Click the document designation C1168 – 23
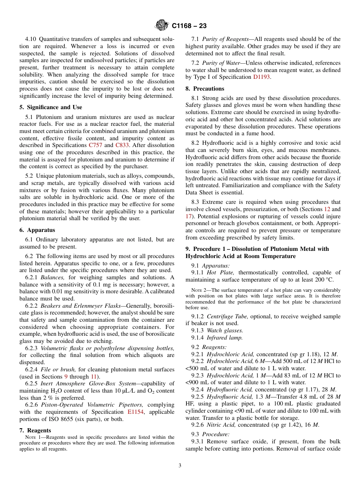click(x=189, y=26)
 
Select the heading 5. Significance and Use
click(x=51, y=107)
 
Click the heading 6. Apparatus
click(x=37, y=230)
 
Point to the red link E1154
click(x=135, y=412)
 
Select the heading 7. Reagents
click(x=35, y=430)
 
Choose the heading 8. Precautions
click(x=205, y=89)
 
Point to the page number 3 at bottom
click(x=180, y=466)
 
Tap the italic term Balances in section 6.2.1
click(x=53, y=277)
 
